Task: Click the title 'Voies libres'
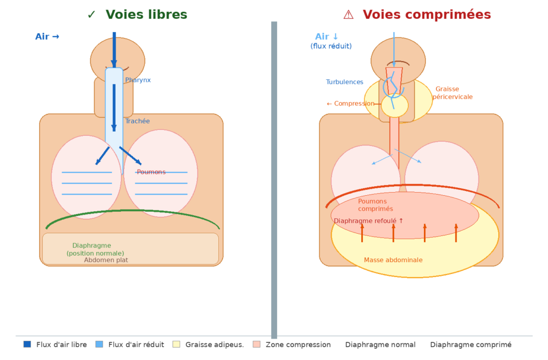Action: pyautogui.click(x=146, y=15)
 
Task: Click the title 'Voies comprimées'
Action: pyautogui.click(x=427, y=15)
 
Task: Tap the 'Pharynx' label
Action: pyautogui.click(x=138, y=80)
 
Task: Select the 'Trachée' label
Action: pyautogui.click(x=138, y=121)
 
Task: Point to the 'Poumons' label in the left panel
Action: pyautogui.click(x=151, y=172)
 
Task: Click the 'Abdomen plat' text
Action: pyautogui.click(x=106, y=261)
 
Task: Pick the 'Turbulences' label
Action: pyautogui.click(x=345, y=82)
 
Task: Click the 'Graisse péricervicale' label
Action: pyautogui.click(x=453, y=93)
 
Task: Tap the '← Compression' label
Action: pyautogui.click(x=351, y=104)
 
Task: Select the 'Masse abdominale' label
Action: pyautogui.click(x=393, y=261)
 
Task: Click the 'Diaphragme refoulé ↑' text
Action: pyautogui.click(x=369, y=221)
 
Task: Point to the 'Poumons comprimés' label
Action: pyautogui.click(x=375, y=205)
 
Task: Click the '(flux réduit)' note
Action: pyautogui.click(x=331, y=47)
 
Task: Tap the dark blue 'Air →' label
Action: pyautogui.click(x=47, y=37)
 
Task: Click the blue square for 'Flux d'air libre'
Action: pyautogui.click(x=27, y=344)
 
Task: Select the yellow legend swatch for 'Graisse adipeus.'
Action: pyautogui.click(x=177, y=344)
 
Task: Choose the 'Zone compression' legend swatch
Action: pyautogui.click(x=257, y=344)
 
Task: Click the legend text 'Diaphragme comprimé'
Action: pyautogui.click(x=471, y=345)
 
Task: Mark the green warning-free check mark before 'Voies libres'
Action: pyautogui.click(x=92, y=15)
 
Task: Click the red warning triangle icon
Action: pyautogui.click(x=348, y=15)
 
